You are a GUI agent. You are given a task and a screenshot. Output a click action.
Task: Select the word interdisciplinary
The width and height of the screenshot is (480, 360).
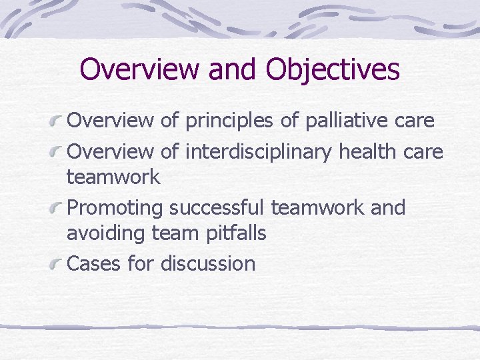tap(259, 152)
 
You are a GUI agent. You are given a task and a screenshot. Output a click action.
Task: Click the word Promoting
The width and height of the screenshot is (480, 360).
tap(115, 208)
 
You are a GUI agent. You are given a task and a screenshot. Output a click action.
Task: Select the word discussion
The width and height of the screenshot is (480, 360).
tap(208, 263)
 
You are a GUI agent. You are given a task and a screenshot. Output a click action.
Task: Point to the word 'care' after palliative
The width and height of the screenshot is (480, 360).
tap(417, 121)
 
